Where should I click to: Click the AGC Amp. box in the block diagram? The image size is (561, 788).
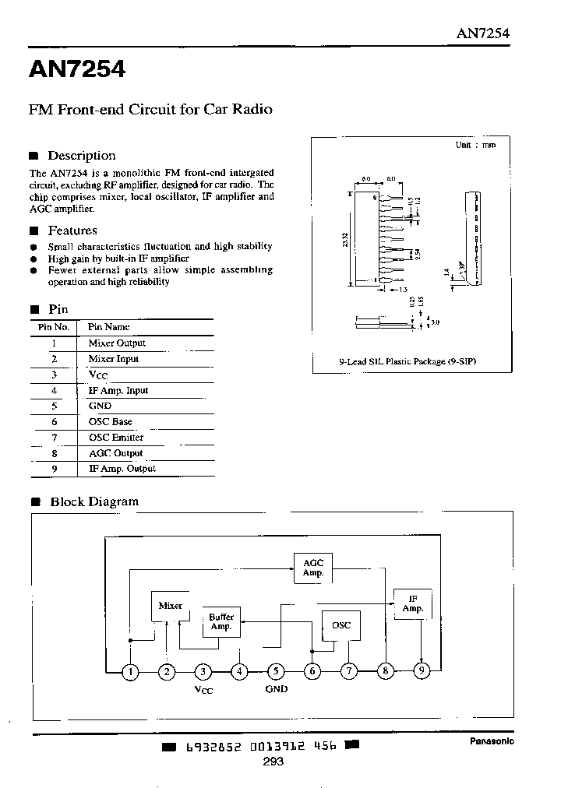312,568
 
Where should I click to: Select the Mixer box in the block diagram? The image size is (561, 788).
171,606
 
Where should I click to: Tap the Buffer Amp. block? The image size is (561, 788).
221,622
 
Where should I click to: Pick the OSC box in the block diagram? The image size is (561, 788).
341,625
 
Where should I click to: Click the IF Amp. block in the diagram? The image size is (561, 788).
412,603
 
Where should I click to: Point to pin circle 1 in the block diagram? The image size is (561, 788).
132,671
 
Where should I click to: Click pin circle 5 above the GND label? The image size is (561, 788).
276,671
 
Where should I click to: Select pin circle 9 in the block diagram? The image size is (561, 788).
422,671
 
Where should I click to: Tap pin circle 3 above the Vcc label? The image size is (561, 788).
203,671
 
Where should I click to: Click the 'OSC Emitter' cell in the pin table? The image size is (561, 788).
115,438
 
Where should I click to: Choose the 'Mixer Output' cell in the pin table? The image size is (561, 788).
117,343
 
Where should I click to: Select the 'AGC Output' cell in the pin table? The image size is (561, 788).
115,453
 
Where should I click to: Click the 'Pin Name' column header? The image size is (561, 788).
108,327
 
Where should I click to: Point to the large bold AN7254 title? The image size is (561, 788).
77,70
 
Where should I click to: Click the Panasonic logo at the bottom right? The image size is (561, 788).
491,741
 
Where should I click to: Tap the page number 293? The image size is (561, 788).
273,762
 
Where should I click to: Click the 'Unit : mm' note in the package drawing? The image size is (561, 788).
475,146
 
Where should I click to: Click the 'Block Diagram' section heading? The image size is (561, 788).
93,501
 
